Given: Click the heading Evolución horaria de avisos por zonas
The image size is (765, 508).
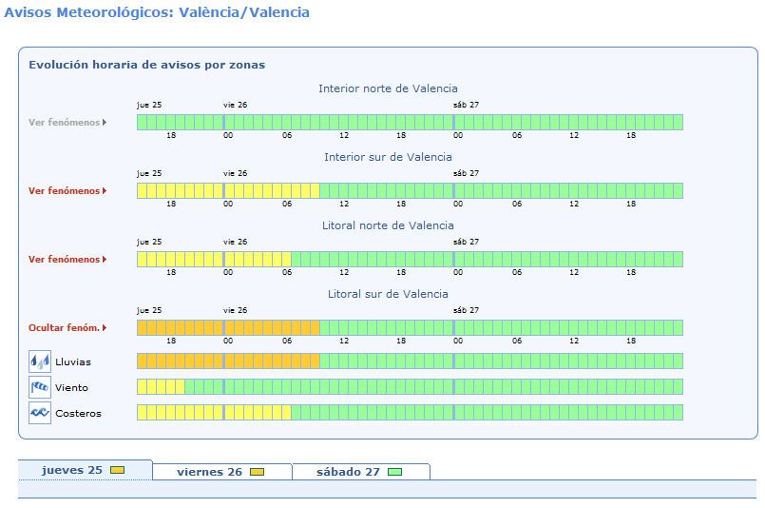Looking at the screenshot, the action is (x=147, y=65).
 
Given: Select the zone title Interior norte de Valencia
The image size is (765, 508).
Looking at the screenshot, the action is (x=388, y=88).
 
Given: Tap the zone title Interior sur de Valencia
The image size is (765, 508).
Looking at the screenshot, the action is (x=388, y=157).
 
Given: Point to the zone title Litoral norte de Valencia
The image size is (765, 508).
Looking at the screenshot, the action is (x=388, y=225).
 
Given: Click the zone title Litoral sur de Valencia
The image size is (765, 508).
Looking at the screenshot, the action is (x=388, y=294).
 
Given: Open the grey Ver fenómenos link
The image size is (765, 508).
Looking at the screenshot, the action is (x=67, y=123).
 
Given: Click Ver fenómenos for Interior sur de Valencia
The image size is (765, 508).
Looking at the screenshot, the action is (x=67, y=191).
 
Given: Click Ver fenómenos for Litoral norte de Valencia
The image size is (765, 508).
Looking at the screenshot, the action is (x=67, y=260).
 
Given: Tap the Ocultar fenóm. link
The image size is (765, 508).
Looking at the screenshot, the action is (x=67, y=328).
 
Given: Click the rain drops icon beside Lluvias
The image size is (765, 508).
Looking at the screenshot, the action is (x=40, y=361).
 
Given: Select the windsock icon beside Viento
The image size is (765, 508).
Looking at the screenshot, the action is (x=40, y=387).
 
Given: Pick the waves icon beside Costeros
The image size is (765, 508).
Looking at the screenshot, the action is (x=40, y=413).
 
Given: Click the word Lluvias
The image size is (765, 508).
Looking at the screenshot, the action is (x=73, y=361).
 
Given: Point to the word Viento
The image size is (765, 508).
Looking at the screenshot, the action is (x=71, y=388).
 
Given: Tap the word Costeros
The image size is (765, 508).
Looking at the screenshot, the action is (x=79, y=414).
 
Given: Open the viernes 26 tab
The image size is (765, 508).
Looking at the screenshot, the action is (x=222, y=472).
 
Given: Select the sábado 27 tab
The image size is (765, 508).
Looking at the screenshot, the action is (x=361, y=472).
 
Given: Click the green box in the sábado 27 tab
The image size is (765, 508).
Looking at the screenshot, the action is (x=394, y=472).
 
